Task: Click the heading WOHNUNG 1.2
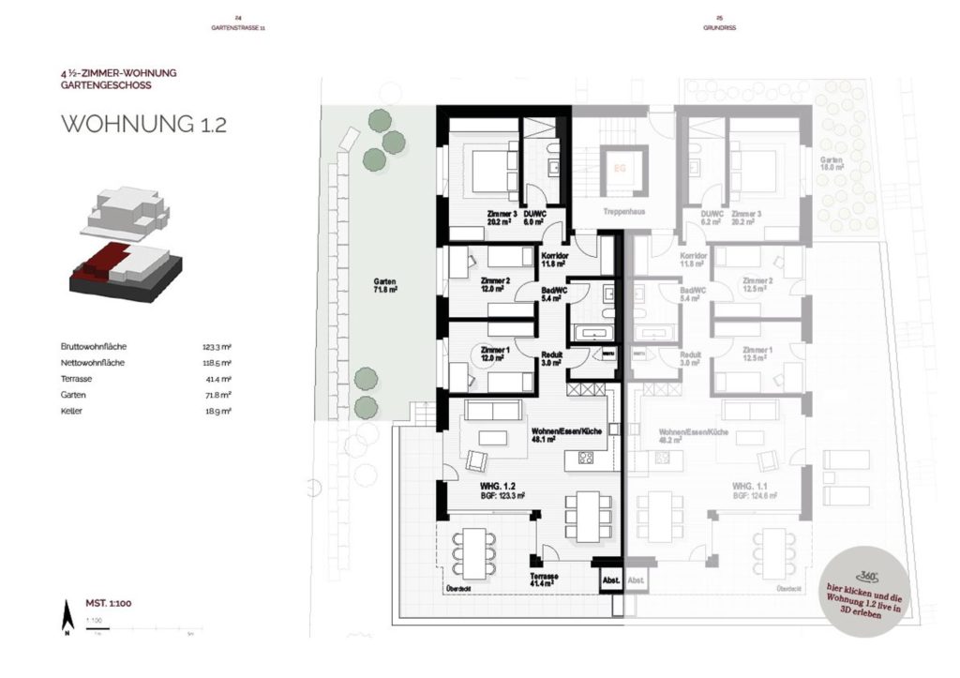click(x=143, y=125)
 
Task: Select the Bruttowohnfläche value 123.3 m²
click(x=217, y=346)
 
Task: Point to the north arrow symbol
click(x=66, y=618)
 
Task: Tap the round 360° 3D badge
click(x=862, y=595)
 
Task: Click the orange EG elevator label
click(x=618, y=168)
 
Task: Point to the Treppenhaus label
click(x=618, y=213)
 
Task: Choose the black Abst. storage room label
click(x=610, y=580)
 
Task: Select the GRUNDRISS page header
click(x=718, y=28)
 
